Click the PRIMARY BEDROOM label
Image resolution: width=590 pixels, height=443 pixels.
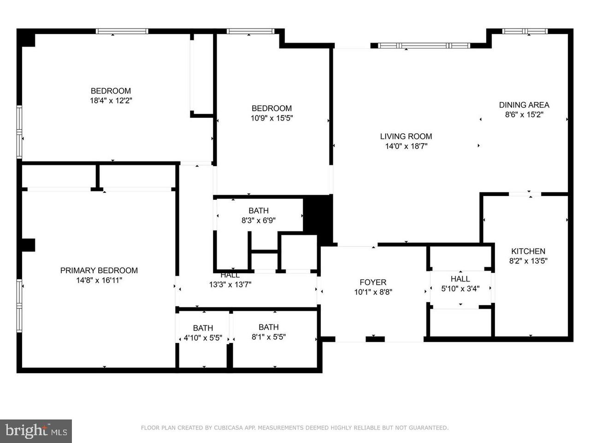99,270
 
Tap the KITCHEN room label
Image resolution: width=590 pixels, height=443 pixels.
528,251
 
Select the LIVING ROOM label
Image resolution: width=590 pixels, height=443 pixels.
406,136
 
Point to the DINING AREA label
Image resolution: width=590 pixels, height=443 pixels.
524,105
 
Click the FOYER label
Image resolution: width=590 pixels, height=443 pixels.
373,282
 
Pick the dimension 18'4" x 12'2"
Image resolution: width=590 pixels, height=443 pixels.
111,101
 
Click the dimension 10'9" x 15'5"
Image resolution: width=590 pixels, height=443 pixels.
271,118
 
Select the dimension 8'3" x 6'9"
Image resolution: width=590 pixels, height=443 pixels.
258,221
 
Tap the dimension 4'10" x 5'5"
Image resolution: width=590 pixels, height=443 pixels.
203,338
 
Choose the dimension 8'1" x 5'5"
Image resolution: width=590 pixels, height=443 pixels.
268,337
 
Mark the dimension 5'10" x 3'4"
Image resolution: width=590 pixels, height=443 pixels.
460,289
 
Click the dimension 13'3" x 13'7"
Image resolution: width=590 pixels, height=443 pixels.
230,285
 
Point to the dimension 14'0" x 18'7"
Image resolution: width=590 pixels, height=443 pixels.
406,146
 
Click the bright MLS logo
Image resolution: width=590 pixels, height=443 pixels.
35,431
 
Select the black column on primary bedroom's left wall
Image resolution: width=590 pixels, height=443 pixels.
28,245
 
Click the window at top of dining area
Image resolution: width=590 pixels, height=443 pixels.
525,31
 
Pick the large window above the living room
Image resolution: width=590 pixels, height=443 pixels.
424,46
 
